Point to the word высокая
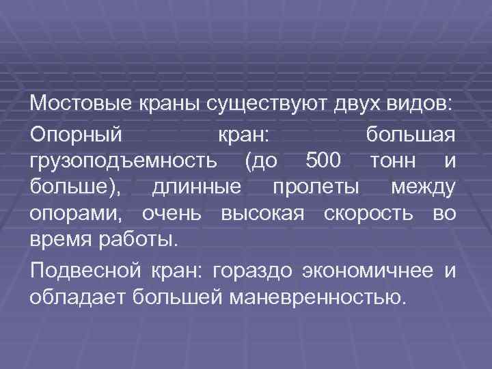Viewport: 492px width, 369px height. (262, 214)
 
